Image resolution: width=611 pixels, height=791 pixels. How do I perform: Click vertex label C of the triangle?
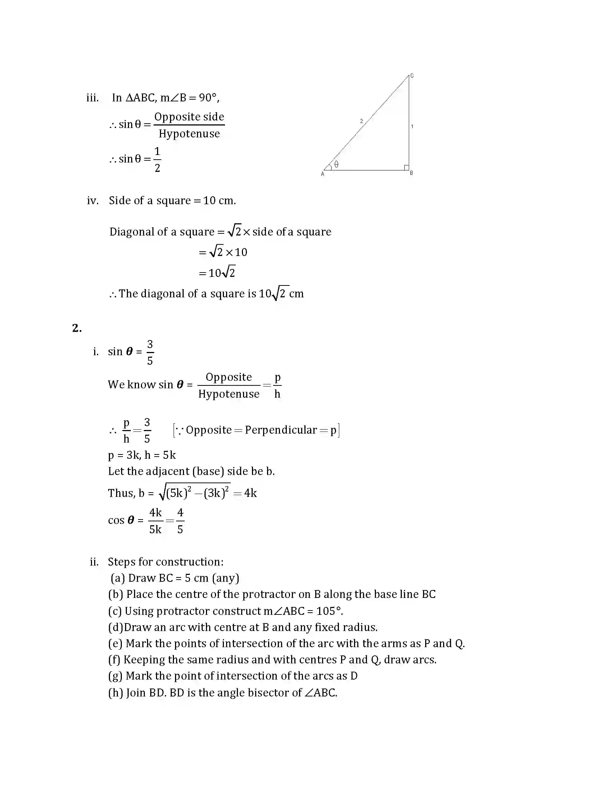coord(412,76)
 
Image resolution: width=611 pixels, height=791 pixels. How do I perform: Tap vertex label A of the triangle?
coord(322,174)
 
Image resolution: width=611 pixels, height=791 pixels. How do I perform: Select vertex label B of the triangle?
coord(412,174)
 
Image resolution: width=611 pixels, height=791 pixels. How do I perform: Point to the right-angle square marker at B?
coord(406,167)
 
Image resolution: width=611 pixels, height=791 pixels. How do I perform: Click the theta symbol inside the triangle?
coord(336,164)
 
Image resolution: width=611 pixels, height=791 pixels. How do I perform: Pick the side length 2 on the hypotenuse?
coord(361,121)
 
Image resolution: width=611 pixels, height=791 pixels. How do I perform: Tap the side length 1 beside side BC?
coord(412,127)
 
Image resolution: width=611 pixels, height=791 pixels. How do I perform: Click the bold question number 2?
coord(77,328)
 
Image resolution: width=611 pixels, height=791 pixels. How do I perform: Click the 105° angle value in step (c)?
coord(329,611)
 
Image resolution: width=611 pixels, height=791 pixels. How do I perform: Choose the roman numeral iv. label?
coord(93,201)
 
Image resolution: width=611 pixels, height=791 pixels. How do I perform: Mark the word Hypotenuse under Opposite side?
coord(189,134)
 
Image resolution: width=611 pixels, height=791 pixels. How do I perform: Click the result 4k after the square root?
coord(250,493)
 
